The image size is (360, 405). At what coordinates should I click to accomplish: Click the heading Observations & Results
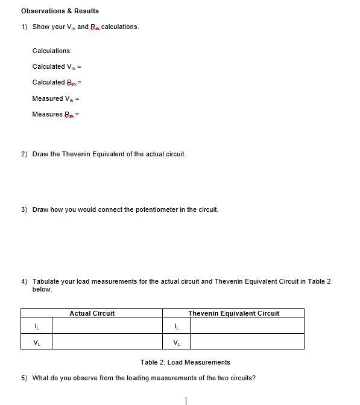60,11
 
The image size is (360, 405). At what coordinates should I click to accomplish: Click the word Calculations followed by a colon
52,51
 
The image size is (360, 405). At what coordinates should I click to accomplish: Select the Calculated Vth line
57,66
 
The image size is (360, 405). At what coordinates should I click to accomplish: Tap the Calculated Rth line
57,82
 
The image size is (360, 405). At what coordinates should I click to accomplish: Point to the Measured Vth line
55,98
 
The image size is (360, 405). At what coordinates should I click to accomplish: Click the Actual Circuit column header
92,313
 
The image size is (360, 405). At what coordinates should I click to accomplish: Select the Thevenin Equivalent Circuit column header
233,313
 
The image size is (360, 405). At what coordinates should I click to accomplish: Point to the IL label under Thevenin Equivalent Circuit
176,327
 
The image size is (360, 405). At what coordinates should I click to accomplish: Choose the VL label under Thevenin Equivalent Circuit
176,342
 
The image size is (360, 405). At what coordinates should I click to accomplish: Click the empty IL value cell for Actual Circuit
107,327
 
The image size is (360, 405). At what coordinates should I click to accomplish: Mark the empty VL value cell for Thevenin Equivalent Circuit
247,342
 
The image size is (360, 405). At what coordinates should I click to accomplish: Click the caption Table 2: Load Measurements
185,362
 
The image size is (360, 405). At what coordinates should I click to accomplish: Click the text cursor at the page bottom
186,400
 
